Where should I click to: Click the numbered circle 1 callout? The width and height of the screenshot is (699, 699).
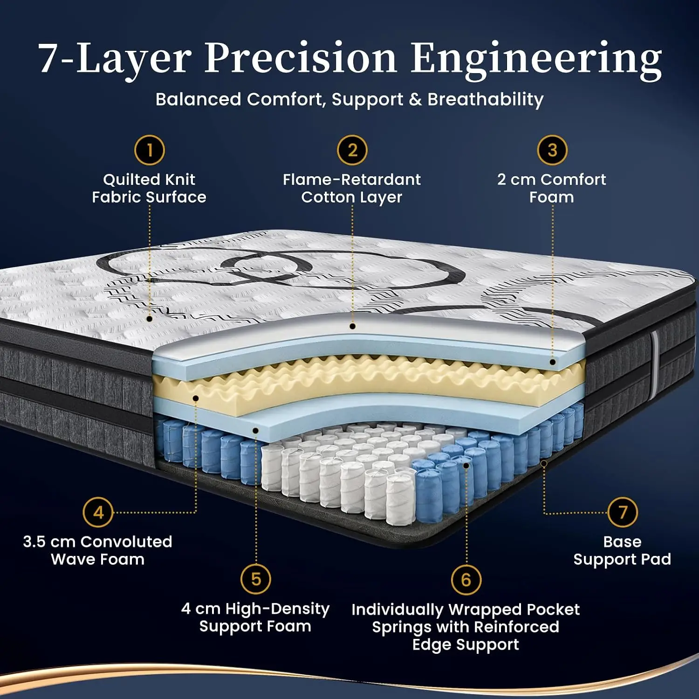[x=150, y=150]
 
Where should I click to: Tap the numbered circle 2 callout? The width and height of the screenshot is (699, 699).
[x=352, y=150]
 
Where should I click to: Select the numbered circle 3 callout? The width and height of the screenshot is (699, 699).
[x=552, y=150]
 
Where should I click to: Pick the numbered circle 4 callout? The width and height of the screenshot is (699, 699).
[x=98, y=513]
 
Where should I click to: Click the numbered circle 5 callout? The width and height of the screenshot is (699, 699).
[x=256, y=579]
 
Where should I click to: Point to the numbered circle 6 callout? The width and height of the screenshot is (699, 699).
[x=466, y=580]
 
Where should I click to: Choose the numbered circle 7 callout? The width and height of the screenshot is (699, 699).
[x=623, y=512]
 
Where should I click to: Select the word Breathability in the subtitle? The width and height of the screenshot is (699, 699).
[x=485, y=99]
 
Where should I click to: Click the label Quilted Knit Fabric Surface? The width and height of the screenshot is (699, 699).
[x=149, y=188]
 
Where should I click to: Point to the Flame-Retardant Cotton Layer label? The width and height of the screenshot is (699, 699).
[x=352, y=188]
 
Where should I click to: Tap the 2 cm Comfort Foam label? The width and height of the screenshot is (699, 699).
[x=552, y=188]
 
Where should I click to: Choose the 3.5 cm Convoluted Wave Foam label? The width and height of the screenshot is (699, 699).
[x=98, y=550]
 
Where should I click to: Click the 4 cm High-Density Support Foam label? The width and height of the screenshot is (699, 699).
[x=255, y=617]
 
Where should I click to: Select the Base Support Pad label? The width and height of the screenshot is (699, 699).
[x=622, y=550]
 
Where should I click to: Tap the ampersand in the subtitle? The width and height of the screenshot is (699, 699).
[x=415, y=100]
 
